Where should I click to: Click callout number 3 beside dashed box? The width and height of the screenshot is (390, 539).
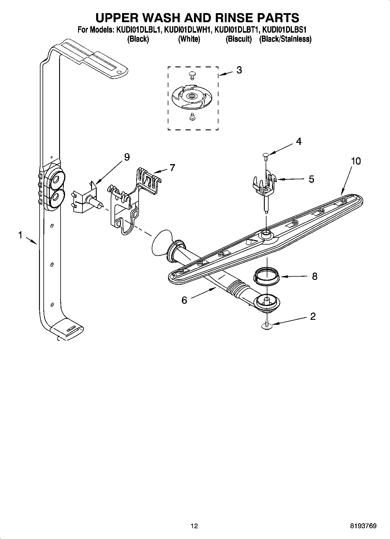(x=239, y=70)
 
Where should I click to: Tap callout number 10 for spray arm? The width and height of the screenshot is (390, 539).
(x=356, y=161)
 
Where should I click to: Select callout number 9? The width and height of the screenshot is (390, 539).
(x=127, y=157)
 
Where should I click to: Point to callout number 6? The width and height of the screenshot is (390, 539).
(x=184, y=300)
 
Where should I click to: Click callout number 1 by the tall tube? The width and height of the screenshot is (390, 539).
(x=20, y=235)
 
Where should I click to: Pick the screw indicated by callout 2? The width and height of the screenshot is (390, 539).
(x=267, y=324)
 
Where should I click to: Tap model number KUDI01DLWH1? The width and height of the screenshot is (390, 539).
(x=186, y=30)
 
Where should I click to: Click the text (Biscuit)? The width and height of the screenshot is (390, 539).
(x=239, y=39)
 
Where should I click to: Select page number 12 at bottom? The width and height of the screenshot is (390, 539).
(x=194, y=526)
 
